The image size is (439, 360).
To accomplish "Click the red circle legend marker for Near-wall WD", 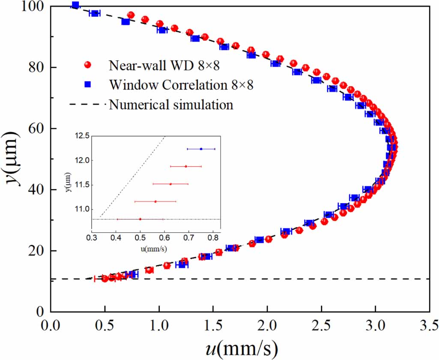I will [88, 65].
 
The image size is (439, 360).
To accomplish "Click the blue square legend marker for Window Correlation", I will [88, 85].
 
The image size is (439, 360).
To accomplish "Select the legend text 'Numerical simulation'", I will [171, 105].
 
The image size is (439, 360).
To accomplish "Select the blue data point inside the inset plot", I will [201, 149].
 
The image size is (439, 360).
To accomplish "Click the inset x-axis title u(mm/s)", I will [155, 248].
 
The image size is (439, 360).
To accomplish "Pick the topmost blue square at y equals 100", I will [75, 5].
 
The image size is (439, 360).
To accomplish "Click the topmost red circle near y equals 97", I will [131, 15].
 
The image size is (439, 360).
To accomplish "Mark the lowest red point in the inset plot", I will [140, 219].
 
